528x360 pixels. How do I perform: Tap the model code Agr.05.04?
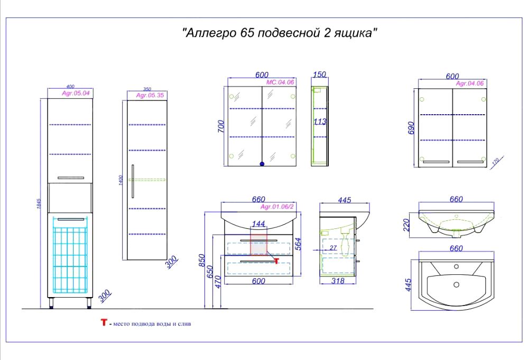[76, 93]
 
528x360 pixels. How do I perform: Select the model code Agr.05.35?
[150, 95]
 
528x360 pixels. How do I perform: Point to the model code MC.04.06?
[280, 82]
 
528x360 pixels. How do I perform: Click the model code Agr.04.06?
[470, 84]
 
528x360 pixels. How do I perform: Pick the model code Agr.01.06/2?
[277, 207]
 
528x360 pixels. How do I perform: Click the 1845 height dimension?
[39, 204]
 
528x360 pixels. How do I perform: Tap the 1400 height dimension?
[121, 180]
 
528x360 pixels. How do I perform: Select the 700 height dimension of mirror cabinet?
[221, 126]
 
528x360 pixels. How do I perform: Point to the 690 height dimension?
[411, 128]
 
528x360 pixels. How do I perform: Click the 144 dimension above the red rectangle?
[258, 224]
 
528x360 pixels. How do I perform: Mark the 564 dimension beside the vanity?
[298, 244]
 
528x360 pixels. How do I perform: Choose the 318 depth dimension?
[338, 281]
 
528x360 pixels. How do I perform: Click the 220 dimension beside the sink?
[406, 225]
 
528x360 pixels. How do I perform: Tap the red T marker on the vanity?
[276, 261]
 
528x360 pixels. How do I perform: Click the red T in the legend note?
[104, 322]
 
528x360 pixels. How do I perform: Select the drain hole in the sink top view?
[456, 284]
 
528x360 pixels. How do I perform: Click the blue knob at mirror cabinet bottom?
[262, 164]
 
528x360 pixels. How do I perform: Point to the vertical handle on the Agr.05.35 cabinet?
[133, 181]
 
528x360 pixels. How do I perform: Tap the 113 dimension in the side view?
[320, 122]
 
